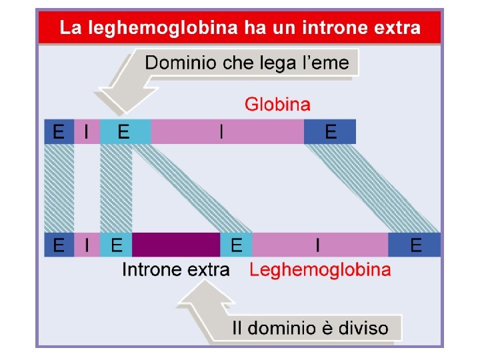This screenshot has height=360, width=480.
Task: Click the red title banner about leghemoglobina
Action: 239,28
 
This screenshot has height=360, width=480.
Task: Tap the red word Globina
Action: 277,104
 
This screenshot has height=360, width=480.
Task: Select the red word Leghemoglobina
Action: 320,270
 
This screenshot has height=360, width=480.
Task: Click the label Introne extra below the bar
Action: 176,270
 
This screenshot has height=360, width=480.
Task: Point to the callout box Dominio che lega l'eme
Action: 247,63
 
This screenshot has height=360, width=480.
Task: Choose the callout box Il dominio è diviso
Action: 309,328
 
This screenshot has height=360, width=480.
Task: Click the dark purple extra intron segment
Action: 176,245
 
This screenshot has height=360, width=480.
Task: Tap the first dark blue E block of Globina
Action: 59,132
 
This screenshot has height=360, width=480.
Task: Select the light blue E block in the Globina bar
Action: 125,132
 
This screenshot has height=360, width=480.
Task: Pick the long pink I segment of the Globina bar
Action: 227,132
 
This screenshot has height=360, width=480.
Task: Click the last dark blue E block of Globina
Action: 329,132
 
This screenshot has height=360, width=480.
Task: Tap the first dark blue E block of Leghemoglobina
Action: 59,245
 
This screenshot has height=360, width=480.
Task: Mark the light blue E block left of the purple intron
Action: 116,245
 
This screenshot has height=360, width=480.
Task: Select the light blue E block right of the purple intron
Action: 236,245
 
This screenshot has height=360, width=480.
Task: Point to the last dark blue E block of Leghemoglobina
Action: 415,245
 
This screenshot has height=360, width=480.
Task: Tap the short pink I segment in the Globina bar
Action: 87,132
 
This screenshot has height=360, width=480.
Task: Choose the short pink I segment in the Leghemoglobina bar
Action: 87,245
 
